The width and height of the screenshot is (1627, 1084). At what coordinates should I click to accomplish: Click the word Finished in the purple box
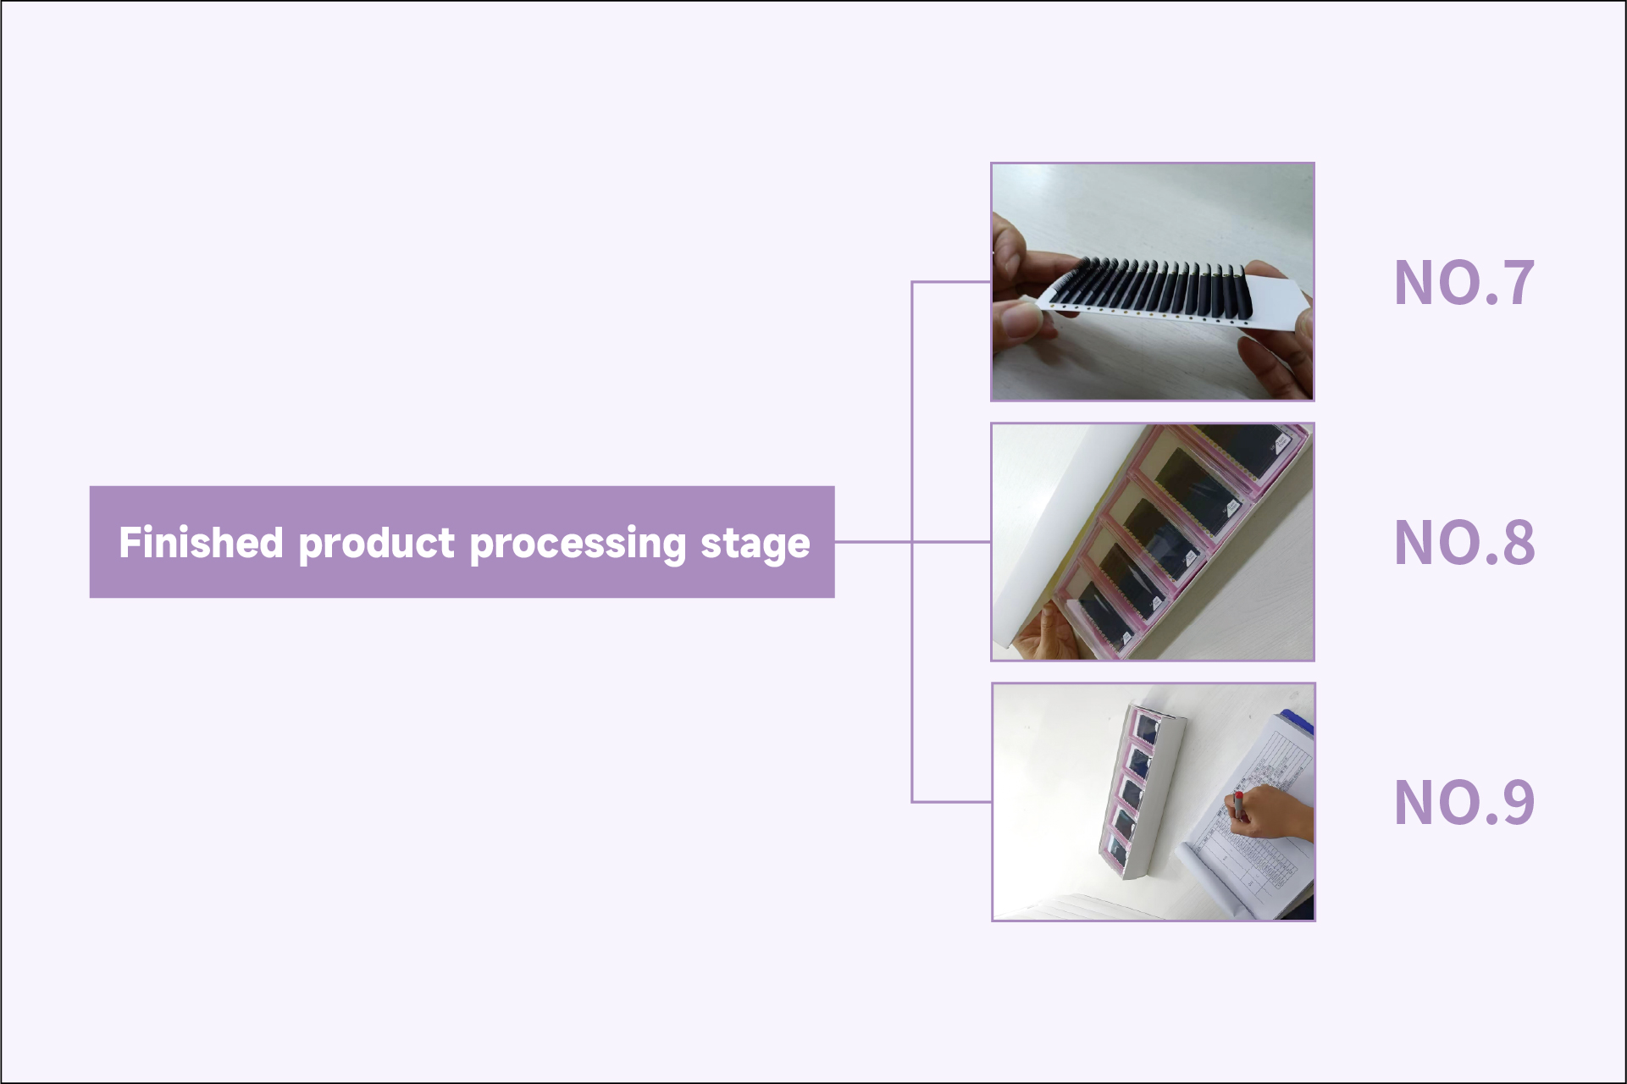[x=201, y=542]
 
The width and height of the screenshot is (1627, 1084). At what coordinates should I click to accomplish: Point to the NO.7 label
[x=1464, y=282]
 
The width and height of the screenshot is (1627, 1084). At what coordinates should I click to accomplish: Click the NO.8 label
[x=1464, y=542]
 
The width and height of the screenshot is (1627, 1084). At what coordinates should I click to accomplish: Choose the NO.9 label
[x=1464, y=802]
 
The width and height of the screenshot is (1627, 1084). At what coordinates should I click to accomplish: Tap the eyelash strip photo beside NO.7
[x=1153, y=281]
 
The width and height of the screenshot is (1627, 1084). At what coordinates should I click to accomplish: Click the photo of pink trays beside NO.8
[x=1153, y=542]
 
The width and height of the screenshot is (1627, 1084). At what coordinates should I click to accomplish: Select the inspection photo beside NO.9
[x=1153, y=802]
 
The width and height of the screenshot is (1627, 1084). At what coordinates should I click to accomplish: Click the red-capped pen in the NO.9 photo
[x=1238, y=805]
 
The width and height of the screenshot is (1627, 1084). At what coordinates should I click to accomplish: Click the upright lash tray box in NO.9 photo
[x=1142, y=791]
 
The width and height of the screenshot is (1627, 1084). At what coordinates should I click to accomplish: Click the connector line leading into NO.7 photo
[x=951, y=281]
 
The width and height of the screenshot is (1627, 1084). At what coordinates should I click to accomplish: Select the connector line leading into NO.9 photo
[x=951, y=801]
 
